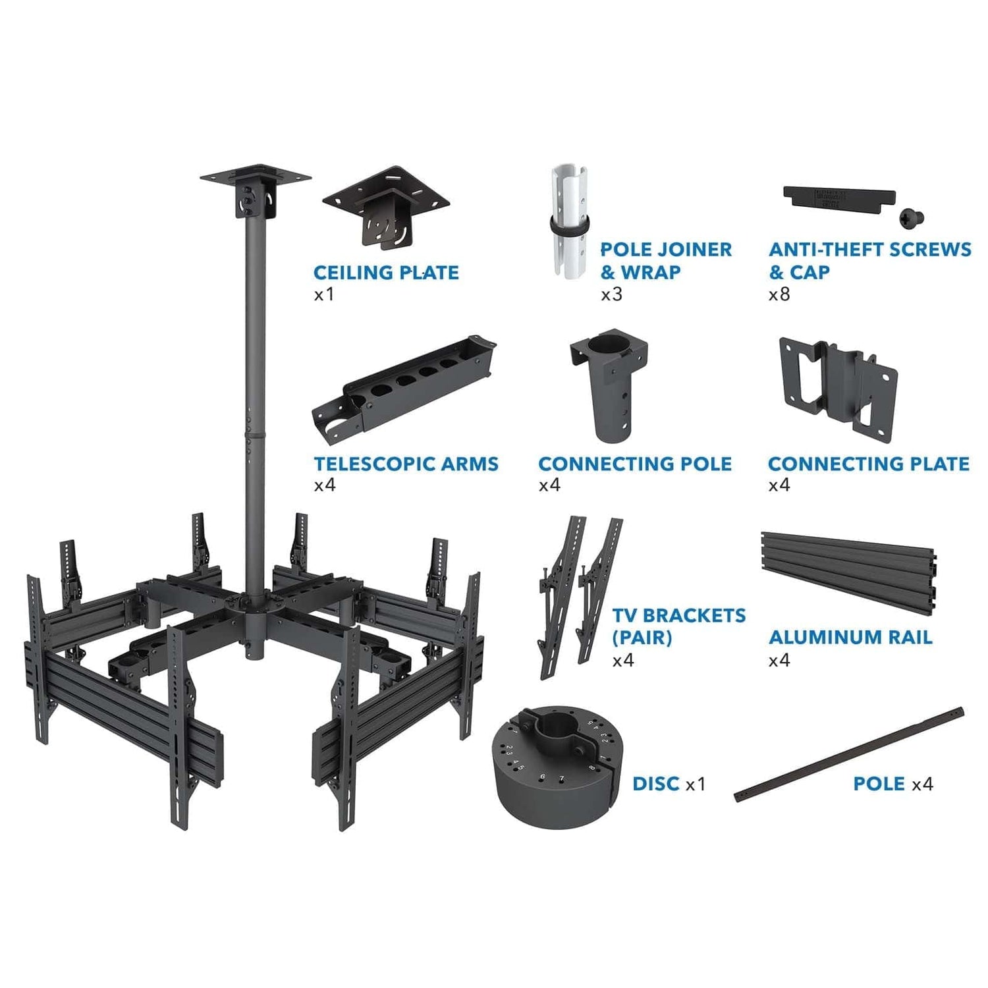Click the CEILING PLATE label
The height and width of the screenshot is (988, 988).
pyautogui.click(x=386, y=273)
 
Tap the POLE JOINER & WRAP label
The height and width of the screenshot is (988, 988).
pyautogui.click(x=665, y=261)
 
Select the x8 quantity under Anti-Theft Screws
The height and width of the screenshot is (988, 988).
pyautogui.click(x=779, y=294)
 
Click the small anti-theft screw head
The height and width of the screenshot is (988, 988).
pyautogui.click(x=912, y=217)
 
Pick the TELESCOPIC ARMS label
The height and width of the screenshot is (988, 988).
pyautogui.click(x=406, y=464)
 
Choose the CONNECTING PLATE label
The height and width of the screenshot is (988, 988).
pyautogui.click(x=868, y=464)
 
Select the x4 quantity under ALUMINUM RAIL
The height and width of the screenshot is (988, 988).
pyautogui.click(x=779, y=660)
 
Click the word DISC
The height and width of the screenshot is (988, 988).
pyautogui.click(x=655, y=784)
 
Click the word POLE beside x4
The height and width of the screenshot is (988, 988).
pyautogui.click(x=879, y=784)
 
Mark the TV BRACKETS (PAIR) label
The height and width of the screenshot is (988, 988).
pyautogui.click(x=678, y=626)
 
